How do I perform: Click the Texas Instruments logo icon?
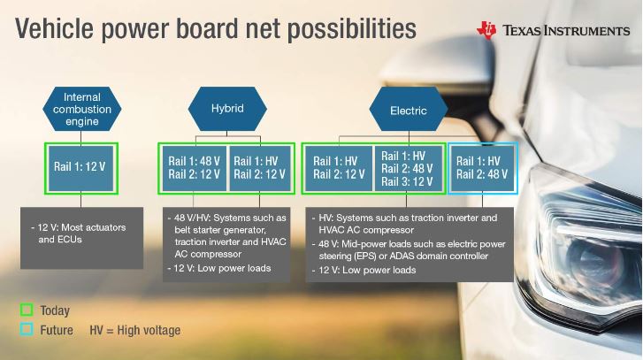click(x=486, y=30)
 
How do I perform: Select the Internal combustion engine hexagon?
click(x=82, y=109)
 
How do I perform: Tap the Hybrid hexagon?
click(x=227, y=109)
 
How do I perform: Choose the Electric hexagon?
click(x=409, y=109)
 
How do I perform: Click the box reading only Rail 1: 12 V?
click(x=81, y=168)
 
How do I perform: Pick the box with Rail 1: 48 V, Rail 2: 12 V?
click(x=195, y=168)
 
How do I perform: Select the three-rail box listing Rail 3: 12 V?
click(x=409, y=168)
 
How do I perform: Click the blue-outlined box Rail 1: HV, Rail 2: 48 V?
click(x=483, y=168)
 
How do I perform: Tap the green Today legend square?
click(x=27, y=310)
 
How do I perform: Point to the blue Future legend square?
click(x=27, y=330)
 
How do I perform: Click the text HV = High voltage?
click(x=135, y=330)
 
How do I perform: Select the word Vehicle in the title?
click(x=54, y=28)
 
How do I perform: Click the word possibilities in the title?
click(x=351, y=28)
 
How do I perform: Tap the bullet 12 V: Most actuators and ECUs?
click(x=79, y=234)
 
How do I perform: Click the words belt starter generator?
click(x=220, y=230)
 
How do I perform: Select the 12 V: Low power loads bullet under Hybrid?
click(x=219, y=269)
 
